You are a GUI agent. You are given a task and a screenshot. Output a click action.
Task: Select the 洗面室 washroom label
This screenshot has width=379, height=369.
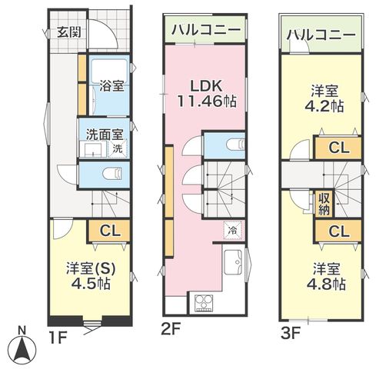pos(105,135)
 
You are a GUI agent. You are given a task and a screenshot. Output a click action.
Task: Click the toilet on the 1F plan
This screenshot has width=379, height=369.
pos(112,174)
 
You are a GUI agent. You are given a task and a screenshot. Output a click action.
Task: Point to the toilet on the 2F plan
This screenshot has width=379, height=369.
pos(236,145)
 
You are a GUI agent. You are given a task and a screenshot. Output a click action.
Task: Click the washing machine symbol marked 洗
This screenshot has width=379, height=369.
pos(118,148)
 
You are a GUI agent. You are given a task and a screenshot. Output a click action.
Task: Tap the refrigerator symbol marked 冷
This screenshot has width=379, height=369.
pos(233,231)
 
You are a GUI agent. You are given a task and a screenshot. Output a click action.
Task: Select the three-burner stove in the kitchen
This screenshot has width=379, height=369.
pos(204,303)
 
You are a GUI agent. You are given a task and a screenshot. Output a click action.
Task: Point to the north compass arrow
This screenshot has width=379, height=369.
pos(22,349)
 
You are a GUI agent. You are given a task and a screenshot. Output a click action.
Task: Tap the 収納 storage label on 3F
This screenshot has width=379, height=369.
pos(324,204)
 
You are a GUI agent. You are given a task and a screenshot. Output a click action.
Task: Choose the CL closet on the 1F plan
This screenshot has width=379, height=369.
pos(110,231)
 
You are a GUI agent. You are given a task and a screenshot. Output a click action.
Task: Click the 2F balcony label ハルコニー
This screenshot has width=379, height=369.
pos(206,30)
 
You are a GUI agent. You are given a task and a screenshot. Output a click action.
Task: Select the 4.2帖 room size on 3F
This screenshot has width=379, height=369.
pos(324,106)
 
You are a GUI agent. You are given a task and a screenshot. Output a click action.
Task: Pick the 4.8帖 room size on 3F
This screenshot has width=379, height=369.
pos(326,284)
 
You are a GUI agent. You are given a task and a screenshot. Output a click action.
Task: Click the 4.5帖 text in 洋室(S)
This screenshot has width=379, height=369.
pos(91,284)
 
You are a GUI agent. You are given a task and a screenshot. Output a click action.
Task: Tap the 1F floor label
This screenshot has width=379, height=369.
pos(58,337)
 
